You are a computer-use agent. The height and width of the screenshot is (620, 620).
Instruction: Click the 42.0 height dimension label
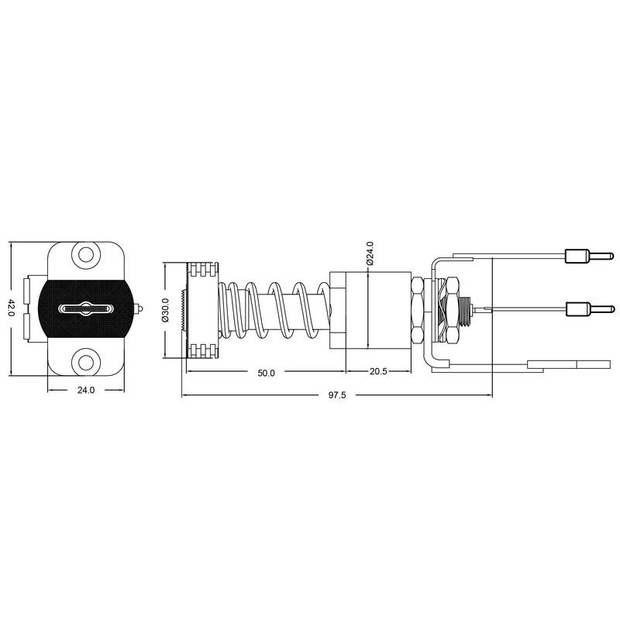pos(11,308)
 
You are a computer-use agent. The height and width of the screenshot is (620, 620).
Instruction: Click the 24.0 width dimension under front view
pos(86,391)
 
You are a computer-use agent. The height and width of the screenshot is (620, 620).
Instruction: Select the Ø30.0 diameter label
pos(165,311)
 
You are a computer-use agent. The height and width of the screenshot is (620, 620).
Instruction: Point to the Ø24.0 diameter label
pos(370,253)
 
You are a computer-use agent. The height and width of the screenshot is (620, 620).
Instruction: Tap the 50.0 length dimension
pos(266,373)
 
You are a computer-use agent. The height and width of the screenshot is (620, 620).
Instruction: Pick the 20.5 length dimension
pos(378,372)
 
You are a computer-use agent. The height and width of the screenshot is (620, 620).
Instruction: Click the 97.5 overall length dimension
pos(337,395)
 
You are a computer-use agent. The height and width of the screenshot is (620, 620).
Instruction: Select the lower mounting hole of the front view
pos(85,361)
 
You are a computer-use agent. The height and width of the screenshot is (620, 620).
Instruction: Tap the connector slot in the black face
pos(85,308)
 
